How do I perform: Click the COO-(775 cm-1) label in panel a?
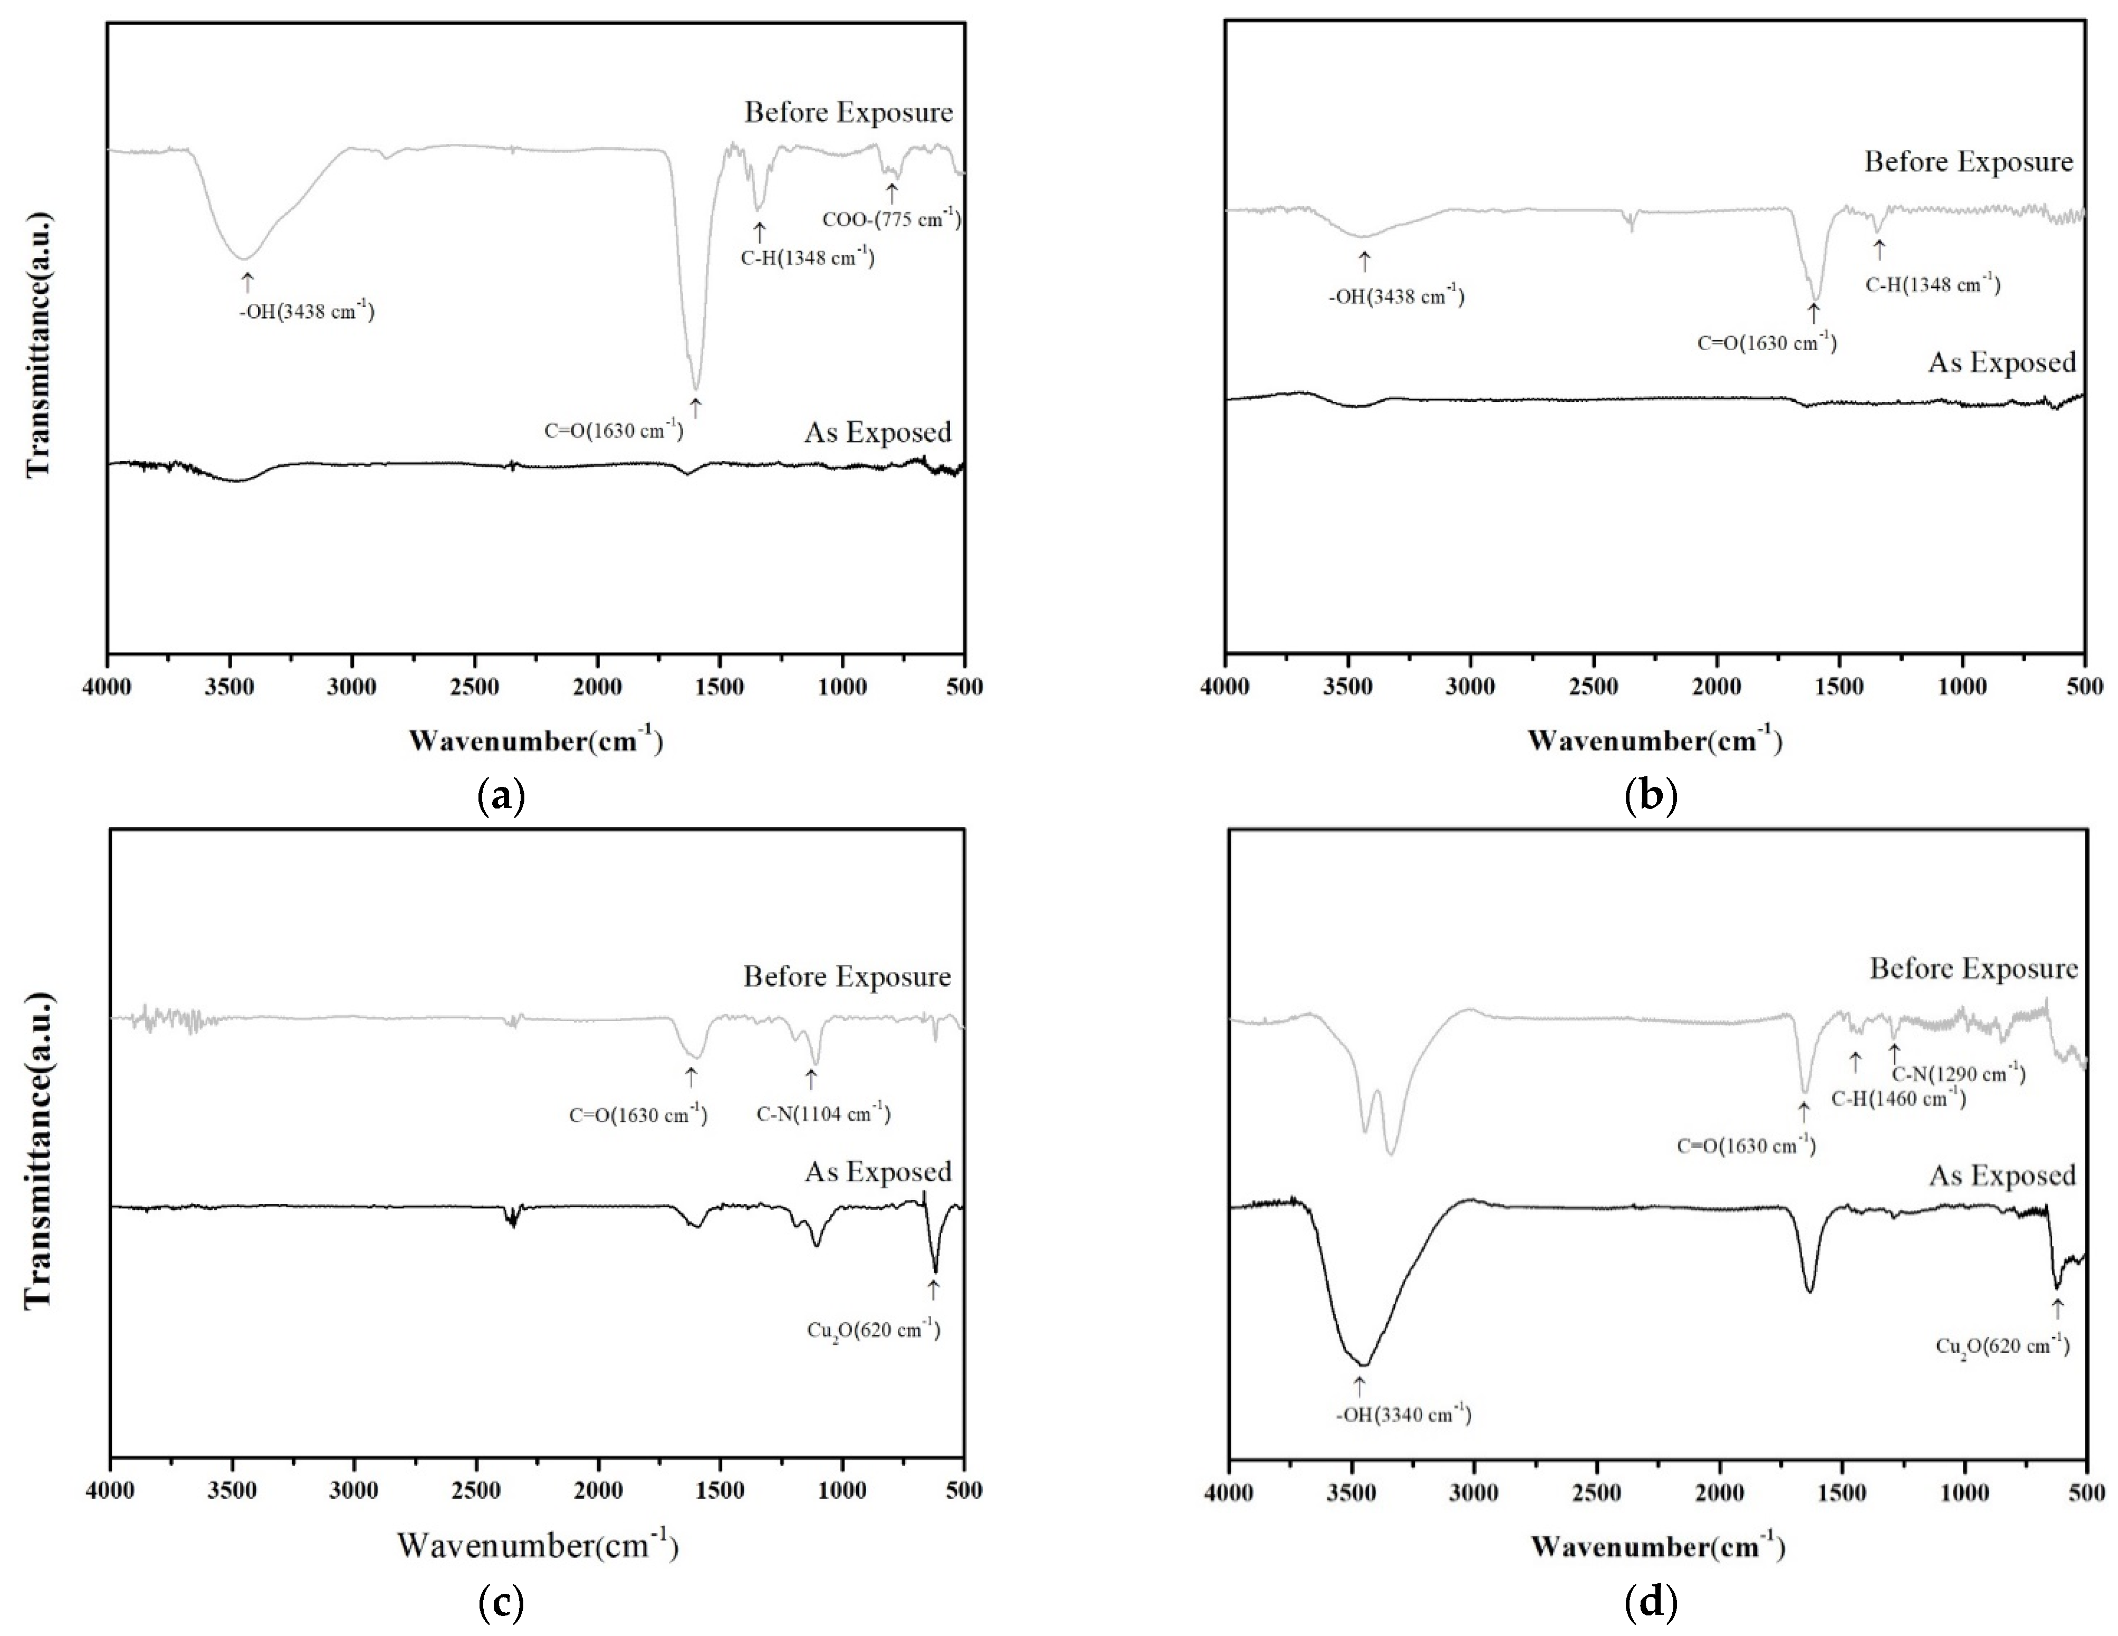891,220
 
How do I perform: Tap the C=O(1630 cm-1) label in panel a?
613,430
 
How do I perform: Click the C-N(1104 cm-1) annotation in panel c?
822,1113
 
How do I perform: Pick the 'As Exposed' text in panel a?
877,432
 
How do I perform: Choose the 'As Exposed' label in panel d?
2001,1176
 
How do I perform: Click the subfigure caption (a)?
501,796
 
